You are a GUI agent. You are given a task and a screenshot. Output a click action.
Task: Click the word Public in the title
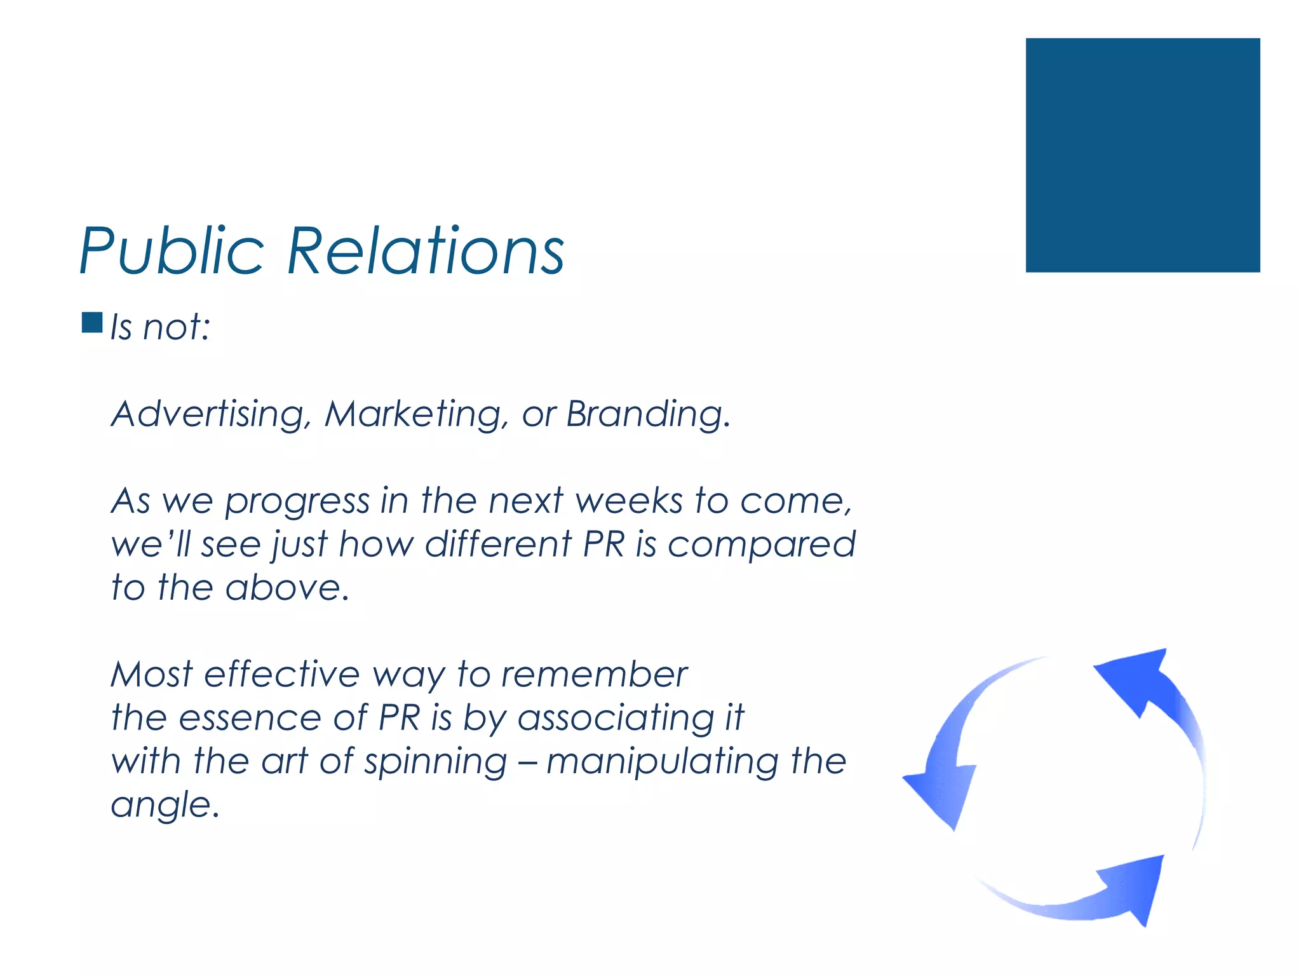coord(172,252)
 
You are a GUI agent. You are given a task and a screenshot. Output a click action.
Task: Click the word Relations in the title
coord(426,252)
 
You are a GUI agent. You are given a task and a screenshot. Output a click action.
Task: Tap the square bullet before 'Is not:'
coord(92,323)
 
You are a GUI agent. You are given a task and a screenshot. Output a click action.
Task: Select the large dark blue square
coord(1142,155)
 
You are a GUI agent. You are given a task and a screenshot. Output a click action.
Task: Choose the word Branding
coord(647,414)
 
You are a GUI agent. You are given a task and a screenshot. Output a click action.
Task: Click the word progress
coord(297,502)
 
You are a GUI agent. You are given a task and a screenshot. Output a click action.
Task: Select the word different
coord(499,545)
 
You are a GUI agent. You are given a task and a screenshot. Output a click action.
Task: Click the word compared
coord(761,546)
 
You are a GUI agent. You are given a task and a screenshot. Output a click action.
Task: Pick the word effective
coord(282,674)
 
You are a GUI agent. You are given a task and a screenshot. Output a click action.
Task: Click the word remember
coord(594,674)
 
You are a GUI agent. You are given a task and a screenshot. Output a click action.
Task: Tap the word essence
coord(250,718)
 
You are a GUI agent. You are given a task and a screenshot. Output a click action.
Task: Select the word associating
coord(616,719)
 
